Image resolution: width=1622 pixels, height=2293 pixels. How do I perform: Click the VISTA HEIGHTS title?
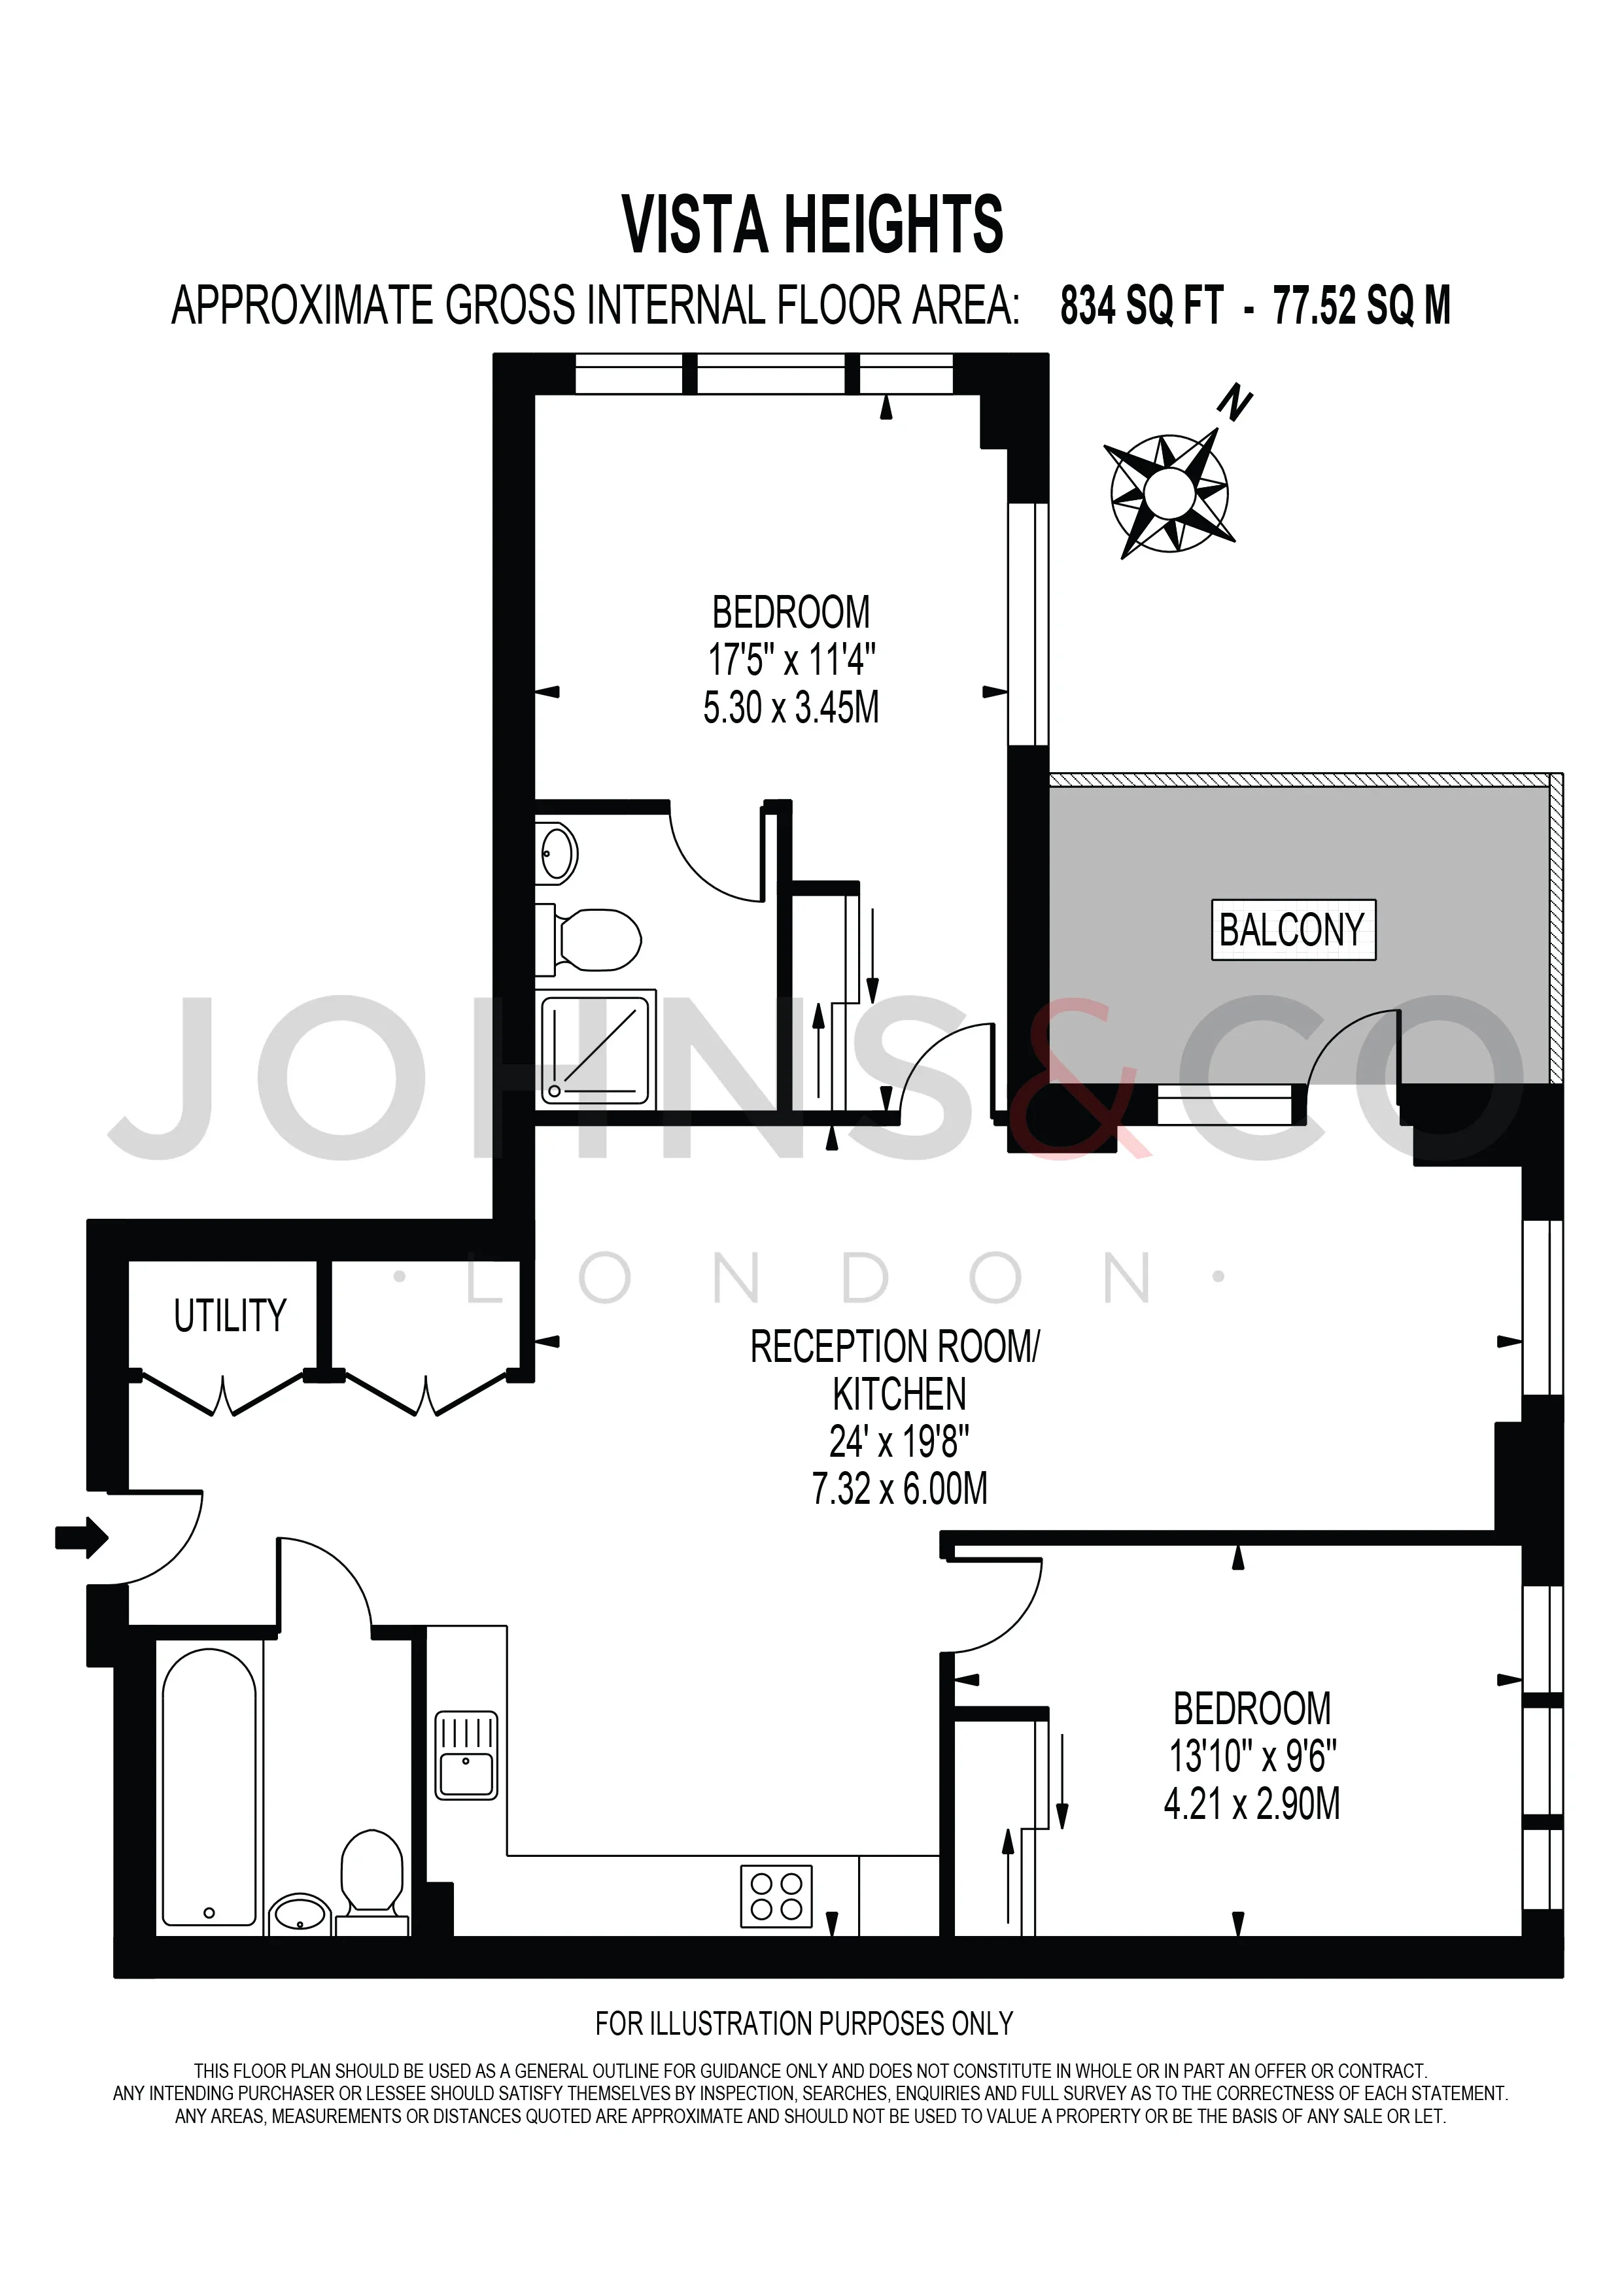coord(812,225)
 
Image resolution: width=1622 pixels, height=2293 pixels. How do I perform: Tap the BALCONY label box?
coord(1294,930)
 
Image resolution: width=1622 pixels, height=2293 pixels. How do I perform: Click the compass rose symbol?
coord(1169,492)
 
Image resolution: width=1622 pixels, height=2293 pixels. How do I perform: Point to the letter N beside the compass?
coord(1234,403)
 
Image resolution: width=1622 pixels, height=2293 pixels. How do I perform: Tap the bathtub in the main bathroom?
coord(209,1787)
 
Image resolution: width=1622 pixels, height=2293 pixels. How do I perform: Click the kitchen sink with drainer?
coord(466,1756)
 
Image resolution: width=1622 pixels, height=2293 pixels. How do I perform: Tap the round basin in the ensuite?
coord(557,853)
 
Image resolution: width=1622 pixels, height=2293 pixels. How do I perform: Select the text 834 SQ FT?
coord(1141,305)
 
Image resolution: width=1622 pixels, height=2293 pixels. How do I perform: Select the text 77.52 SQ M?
coord(1361,305)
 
